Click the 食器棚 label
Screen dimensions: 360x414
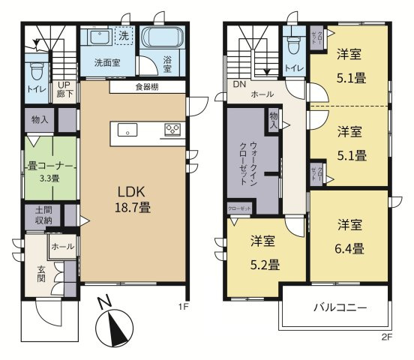[147, 87]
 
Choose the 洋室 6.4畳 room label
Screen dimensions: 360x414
[350, 236]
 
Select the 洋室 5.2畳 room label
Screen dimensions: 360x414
[264, 253]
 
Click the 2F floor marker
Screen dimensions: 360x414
[387, 337]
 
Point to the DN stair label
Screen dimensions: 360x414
[239, 84]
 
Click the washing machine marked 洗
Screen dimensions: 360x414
[124, 34]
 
